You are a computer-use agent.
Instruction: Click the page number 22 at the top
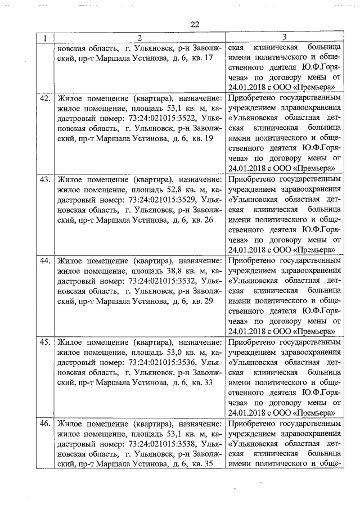coord(195,25)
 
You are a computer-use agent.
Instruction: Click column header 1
coord(44,38)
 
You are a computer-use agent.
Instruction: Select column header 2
coord(138,38)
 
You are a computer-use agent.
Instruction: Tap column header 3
coord(283,38)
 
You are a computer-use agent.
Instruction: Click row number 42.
coord(44,98)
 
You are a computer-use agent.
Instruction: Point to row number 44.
coord(44,262)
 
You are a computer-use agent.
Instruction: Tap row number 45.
coord(44,343)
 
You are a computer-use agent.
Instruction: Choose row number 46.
coord(44,424)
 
